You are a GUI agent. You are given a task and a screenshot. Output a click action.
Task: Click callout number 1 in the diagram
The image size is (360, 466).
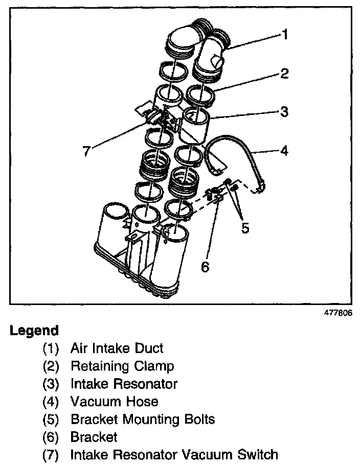285,35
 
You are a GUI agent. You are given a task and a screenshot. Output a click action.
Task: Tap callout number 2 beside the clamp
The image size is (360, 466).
285,75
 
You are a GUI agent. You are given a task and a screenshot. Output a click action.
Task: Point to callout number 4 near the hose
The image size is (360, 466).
284,151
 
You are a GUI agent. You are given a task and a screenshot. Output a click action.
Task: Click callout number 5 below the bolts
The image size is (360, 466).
245,228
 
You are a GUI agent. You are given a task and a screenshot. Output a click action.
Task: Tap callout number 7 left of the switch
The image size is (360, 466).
87,152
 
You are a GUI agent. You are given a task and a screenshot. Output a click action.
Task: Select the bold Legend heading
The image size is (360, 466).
34,331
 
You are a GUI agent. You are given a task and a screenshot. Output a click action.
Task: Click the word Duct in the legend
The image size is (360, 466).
149,348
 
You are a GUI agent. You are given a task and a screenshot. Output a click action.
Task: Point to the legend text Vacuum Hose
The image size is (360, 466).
115,402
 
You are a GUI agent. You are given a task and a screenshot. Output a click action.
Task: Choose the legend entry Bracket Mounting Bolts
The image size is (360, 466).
143,420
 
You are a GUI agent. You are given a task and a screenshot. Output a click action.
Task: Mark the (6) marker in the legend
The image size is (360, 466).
51,437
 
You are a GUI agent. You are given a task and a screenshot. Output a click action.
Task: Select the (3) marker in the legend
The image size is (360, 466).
51,384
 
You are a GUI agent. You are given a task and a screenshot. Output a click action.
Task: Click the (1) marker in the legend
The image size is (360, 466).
51,349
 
